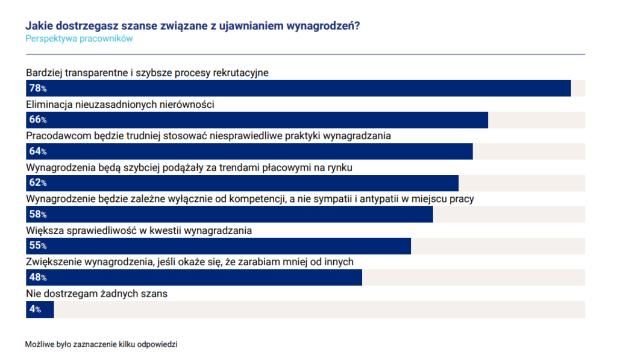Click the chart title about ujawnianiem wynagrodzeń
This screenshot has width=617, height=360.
click(193, 26)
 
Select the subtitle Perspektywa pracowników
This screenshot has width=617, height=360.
click(79, 39)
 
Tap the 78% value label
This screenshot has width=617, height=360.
click(37, 88)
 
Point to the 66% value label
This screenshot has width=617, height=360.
click(37, 119)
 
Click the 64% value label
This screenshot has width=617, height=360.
click(37, 151)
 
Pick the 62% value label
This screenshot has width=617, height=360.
click(37, 183)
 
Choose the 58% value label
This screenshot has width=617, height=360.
click(37, 214)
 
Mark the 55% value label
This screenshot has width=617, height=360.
click(37, 246)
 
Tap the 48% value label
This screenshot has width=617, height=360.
click(37, 277)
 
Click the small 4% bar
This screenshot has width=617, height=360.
click(40, 309)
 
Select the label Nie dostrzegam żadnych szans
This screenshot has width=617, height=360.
click(96, 294)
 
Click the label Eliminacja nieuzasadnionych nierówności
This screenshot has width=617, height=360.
click(121, 104)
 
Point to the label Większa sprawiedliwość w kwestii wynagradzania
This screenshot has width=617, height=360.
click(139, 230)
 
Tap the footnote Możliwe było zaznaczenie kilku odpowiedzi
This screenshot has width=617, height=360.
click(101, 344)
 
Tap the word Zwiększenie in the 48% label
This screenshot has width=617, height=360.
click(54, 262)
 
